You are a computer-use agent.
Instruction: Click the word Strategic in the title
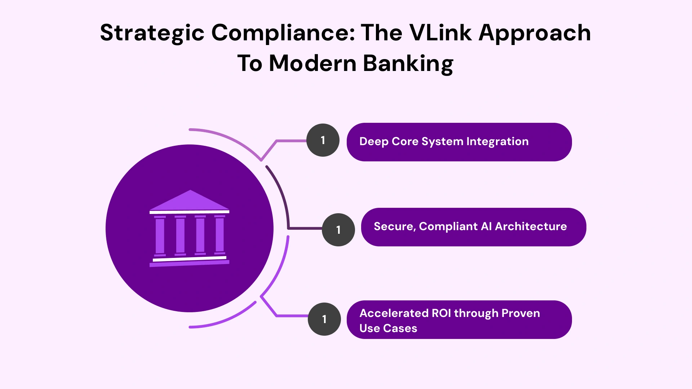point(152,33)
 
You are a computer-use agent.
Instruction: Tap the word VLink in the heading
point(440,33)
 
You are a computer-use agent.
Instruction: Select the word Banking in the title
point(408,63)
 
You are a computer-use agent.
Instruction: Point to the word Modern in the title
point(313,63)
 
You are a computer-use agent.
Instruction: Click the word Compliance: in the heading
point(283,33)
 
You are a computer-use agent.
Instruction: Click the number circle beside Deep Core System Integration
point(323,140)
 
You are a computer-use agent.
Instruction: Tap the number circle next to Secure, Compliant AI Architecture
point(338,230)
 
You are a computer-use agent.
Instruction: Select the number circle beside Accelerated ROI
point(324,319)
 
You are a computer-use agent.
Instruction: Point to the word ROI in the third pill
point(441,313)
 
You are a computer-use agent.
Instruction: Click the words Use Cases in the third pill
point(388,328)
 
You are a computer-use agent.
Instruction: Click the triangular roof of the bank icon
point(190,201)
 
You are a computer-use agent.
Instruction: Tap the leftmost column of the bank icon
point(160,236)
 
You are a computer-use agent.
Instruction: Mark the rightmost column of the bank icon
point(219,235)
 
